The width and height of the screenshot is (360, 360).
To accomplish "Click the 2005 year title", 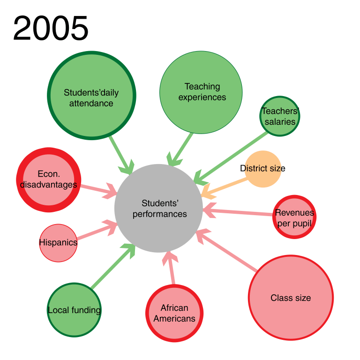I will coord(50,28).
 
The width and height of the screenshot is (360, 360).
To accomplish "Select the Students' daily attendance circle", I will coord(91,96).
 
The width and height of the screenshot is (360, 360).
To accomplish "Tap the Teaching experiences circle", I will coord(201,91).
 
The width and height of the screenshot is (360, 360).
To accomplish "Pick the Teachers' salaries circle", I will coord(280,116).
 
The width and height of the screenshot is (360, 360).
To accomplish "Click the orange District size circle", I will coord(263,169).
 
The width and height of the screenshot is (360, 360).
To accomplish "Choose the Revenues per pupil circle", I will coord(294,217).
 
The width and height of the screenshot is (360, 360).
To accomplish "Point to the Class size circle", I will coord(291,298).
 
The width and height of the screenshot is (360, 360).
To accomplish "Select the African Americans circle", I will coord(174,313).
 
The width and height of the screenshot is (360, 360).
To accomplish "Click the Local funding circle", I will coord(74,309).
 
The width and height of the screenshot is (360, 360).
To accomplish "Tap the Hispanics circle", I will coord(58,243).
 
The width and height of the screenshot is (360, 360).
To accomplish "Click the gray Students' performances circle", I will coord(159,209).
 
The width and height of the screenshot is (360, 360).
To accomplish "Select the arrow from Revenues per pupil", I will coord(241,211).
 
